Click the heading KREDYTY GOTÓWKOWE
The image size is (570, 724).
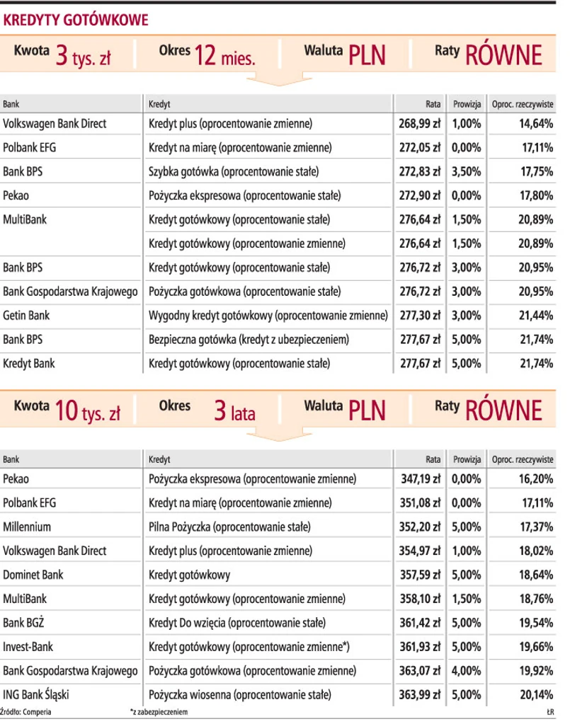coord(76,21)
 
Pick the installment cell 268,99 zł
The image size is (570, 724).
coord(421,124)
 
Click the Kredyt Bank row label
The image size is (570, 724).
coord(29,363)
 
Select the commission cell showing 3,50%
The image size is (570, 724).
coord(466,171)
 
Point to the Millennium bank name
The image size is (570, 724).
coord(28,527)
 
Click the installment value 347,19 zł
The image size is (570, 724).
coord(421,479)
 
